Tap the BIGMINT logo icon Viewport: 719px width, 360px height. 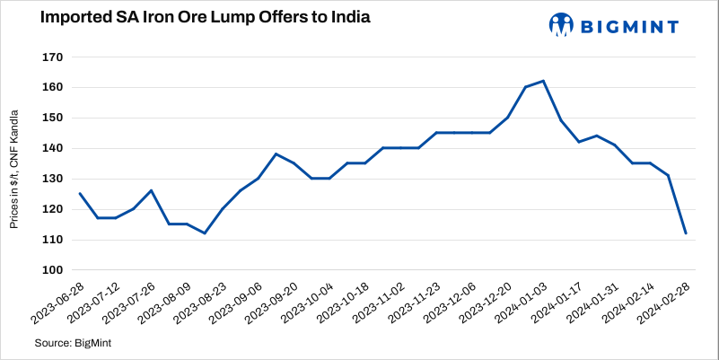(x=561, y=25)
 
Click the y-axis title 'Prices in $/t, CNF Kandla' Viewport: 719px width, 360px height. (x=14, y=163)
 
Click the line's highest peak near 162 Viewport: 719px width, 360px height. (x=544, y=81)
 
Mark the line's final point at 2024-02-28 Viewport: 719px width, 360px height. (x=686, y=233)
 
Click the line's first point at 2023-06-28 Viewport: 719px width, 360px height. (x=80, y=193)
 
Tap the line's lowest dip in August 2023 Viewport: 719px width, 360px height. (x=205, y=233)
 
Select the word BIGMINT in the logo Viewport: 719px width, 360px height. (x=629, y=26)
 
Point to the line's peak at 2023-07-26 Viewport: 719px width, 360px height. (x=151, y=190)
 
